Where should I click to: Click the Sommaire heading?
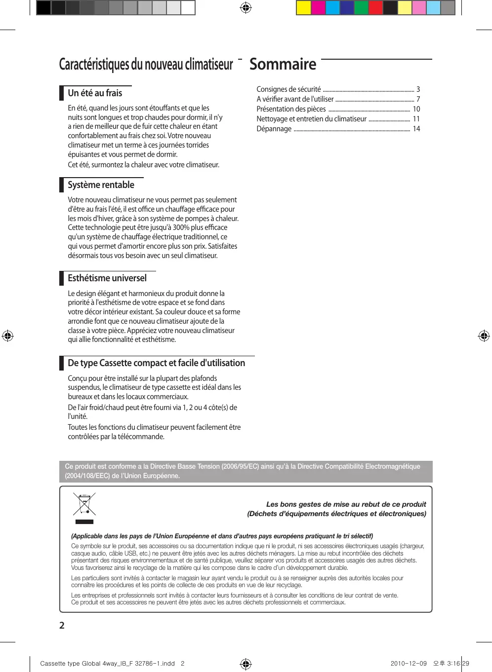(x=283, y=65)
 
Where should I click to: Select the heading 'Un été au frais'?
(x=95, y=93)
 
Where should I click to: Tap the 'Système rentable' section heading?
(x=101, y=185)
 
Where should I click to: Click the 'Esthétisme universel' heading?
(x=107, y=278)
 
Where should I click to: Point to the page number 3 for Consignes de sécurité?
(x=418, y=89)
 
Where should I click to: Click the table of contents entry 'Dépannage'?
(x=274, y=129)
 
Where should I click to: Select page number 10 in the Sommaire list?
(x=416, y=109)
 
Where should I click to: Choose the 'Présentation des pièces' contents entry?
(x=291, y=109)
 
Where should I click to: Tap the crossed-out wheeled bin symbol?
(x=84, y=504)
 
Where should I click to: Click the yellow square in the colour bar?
(x=303, y=8)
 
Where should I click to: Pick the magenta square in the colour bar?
(x=318, y=8)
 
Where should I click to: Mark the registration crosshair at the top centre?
(x=246, y=8)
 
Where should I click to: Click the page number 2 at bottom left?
(x=62, y=626)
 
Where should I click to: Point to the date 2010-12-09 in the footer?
(x=409, y=664)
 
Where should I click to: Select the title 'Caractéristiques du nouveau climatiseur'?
(x=146, y=65)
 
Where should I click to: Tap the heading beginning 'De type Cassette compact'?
(x=156, y=363)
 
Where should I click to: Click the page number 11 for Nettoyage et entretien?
(x=416, y=119)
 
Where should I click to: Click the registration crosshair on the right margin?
(x=484, y=336)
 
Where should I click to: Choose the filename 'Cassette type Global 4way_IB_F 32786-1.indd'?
(x=107, y=664)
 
